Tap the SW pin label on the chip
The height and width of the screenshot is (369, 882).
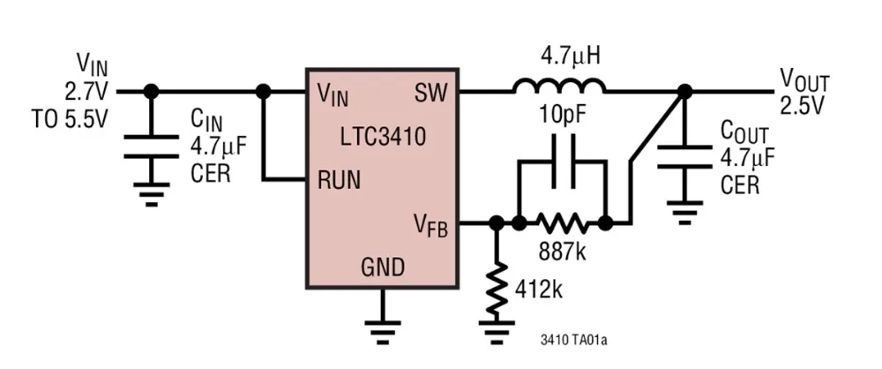(x=430, y=93)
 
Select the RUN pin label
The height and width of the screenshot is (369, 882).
(x=339, y=181)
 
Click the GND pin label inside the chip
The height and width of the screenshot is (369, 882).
(x=382, y=267)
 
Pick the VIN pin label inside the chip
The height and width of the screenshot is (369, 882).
(x=333, y=93)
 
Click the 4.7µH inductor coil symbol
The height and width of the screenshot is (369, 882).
(x=559, y=86)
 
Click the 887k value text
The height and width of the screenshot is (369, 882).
(x=562, y=252)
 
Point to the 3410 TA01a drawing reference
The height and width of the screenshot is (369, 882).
(x=577, y=339)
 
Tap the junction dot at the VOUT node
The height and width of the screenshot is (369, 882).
(x=684, y=91)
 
